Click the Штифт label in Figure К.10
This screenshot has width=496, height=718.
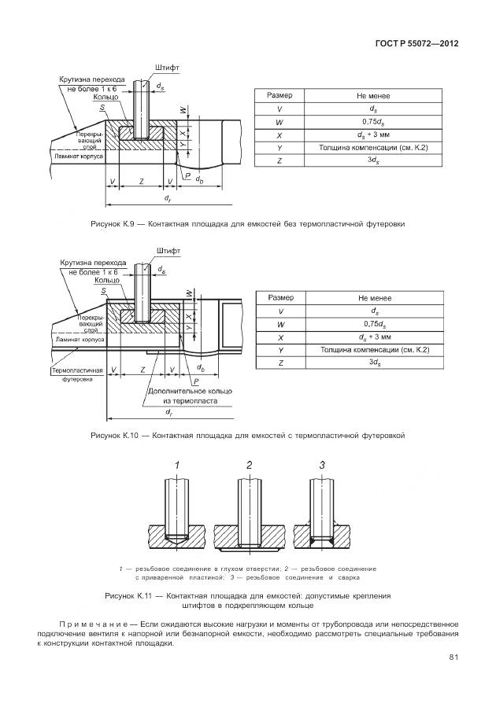click(168, 251)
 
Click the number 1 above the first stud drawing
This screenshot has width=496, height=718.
click(178, 466)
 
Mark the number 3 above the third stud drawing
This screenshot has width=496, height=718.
click(322, 466)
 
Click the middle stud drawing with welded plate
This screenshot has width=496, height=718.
click(250, 519)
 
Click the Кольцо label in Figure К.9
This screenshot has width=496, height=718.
click(106, 97)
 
